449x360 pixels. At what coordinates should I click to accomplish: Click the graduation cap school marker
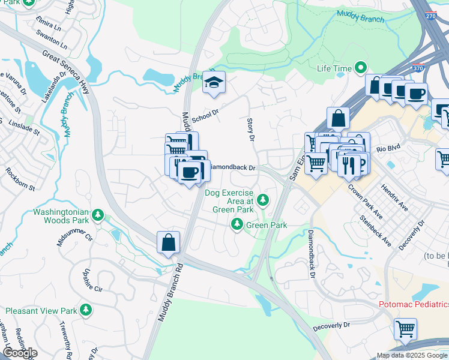pyautogui.click(x=213, y=83)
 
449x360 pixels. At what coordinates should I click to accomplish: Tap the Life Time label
pyautogui.click(x=334, y=68)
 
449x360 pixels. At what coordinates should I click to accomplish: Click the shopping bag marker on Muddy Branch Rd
pyautogui.click(x=169, y=243)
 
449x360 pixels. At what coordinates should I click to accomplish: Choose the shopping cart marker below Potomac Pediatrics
pyautogui.click(x=405, y=329)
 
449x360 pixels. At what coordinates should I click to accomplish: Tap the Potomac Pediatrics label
pyautogui.click(x=414, y=304)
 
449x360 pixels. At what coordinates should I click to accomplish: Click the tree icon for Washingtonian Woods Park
pyautogui.click(x=99, y=215)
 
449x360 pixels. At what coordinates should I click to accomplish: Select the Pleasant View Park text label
pyautogui.click(x=41, y=311)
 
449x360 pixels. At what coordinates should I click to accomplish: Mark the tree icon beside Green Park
pyautogui.click(x=237, y=224)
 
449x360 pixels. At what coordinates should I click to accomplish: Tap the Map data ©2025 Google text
pyautogui.click(x=411, y=355)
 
